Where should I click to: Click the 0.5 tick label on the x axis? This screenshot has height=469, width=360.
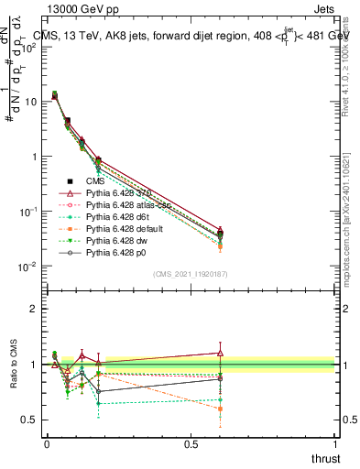191,443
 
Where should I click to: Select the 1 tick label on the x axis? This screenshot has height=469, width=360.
334,443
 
